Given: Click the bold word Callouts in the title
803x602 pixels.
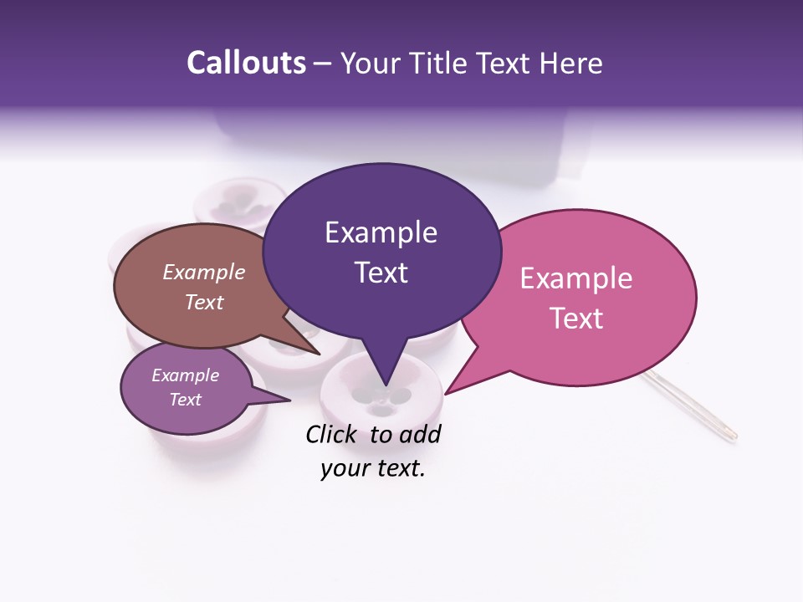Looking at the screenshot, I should [246, 63].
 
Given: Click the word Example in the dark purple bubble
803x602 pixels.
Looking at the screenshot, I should [381, 232].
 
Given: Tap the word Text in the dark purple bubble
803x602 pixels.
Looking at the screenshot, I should [381, 273].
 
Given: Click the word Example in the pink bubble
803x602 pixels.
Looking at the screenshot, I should [576, 278].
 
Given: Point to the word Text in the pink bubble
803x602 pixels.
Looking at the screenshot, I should [576, 319].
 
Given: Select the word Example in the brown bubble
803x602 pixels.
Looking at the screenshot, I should [204, 272].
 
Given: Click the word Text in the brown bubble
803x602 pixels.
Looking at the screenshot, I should [204, 302].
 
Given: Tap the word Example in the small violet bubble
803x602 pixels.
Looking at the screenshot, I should [186, 375].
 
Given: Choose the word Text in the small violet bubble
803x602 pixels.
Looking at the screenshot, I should [186, 400].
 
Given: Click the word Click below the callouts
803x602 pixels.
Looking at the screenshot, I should [331, 434].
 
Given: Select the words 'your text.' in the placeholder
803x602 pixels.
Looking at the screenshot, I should [372, 469].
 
